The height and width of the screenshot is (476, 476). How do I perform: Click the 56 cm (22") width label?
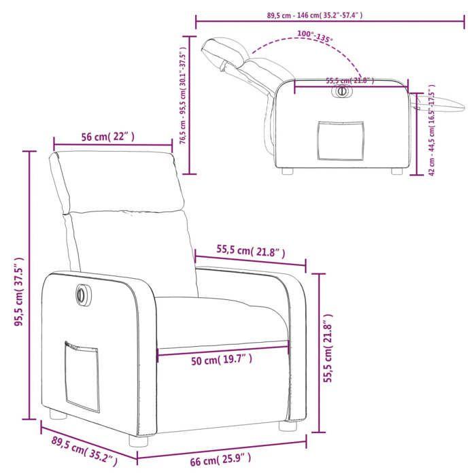[x=108, y=137]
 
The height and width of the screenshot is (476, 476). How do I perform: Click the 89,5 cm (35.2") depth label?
[x=80, y=450]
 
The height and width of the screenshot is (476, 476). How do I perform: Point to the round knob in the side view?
[x=342, y=91]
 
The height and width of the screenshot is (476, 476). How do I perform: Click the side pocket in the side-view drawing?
[x=340, y=141]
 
